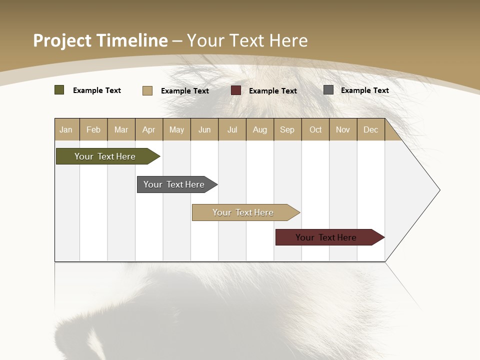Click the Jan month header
click(x=66, y=129)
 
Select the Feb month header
click(x=93, y=129)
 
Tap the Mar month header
click(x=121, y=129)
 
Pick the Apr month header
click(x=149, y=129)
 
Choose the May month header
click(x=176, y=129)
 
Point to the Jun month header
click(x=204, y=129)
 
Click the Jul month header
click(x=232, y=129)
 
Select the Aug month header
click(x=260, y=129)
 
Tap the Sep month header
click(x=287, y=129)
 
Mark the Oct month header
click(x=315, y=129)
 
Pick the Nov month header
click(x=343, y=129)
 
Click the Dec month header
click(x=371, y=129)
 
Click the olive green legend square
click(x=59, y=90)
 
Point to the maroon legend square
click(x=236, y=90)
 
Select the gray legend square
click(x=328, y=90)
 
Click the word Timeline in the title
click(x=132, y=40)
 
